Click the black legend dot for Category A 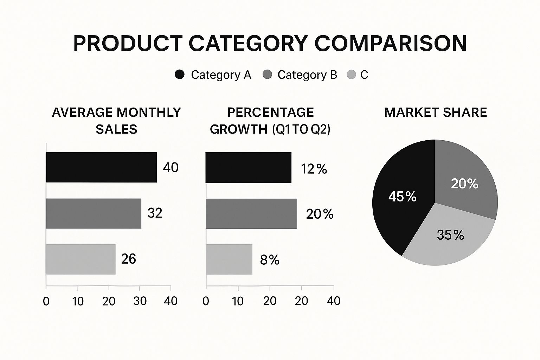pyautogui.click(x=179, y=75)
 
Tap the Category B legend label pyautogui.click(x=307, y=75)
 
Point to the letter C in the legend pyautogui.click(x=364, y=75)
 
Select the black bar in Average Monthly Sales pyautogui.click(x=101, y=167)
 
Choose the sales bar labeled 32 pyautogui.click(x=94, y=213)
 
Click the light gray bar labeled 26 pyautogui.click(x=81, y=259)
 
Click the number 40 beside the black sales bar pyautogui.click(x=171, y=167)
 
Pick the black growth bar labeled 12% pyautogui.click(x=248, y=168)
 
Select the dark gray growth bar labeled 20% pyautogui.click(x=251, y=214)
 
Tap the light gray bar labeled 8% pyautogui.click(x=229, y=259)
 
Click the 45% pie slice pyautogui.click(x=402, y=197)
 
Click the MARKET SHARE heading pyautogui.click(x=436, y=112)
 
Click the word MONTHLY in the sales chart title pyautogui.click(x=148, y=112)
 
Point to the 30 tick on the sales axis pyautogui.click(x=140, y=301)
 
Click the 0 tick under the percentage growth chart pyautogui.click(x=206, y=301)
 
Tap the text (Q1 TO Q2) pyautogui.click(x=301, y=129)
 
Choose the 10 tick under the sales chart pyautogui.click(x=78, y=301)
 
